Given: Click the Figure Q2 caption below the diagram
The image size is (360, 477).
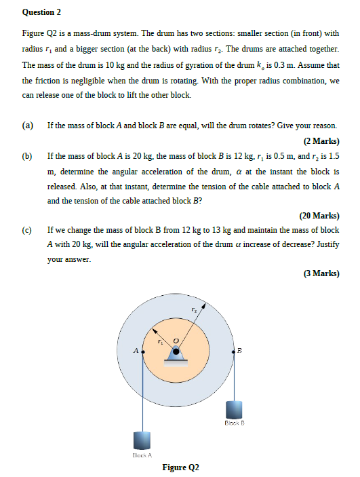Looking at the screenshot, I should coord(180,468).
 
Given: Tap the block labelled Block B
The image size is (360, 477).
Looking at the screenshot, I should coord(234,410).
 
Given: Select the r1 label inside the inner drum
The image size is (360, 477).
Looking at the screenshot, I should coord(161,342).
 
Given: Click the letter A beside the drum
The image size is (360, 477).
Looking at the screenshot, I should coord(136,351).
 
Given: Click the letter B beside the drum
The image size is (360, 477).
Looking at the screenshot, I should coord(239,351).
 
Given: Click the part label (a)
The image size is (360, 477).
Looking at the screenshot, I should coord(28,126).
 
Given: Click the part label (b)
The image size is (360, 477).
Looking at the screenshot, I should coord(28,156).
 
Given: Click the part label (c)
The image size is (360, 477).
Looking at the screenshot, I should coord(28,231).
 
